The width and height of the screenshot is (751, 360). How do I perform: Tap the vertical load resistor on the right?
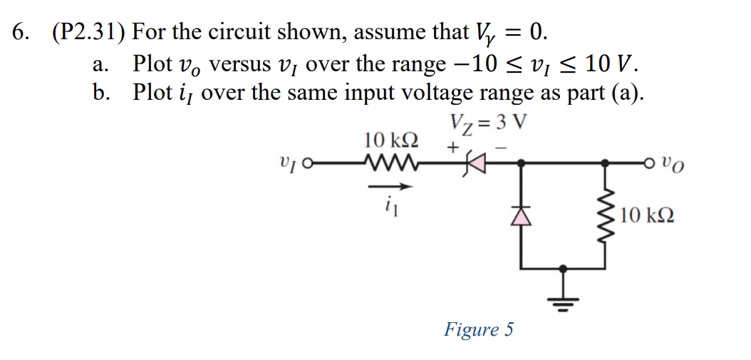coord(606,213)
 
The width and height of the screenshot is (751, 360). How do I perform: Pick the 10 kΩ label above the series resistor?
coord(390,139)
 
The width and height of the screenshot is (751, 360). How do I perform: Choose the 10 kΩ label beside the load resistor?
coord(646,213)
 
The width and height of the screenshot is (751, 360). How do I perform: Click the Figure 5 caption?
coord(478,329)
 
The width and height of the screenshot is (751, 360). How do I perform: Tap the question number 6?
coord(21,33)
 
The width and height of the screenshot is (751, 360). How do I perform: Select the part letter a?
coord(99,65)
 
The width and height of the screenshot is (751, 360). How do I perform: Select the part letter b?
coord(99,93)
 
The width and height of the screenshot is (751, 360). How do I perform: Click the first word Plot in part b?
coord(152,93)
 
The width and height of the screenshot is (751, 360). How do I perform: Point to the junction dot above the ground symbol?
coord(564,269)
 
